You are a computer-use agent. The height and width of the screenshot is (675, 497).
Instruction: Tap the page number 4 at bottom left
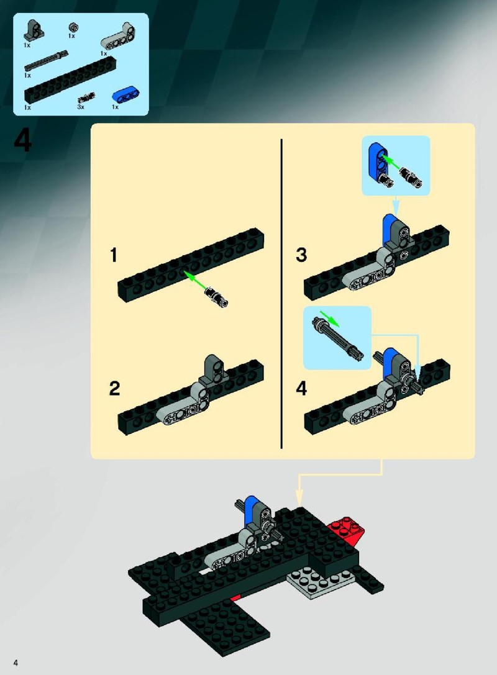[16, 662]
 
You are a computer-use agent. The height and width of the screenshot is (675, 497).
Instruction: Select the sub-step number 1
[113, 255]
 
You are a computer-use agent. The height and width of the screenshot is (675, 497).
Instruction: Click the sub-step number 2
[114, 388]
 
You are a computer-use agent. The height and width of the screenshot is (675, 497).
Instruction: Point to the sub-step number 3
[301, 255]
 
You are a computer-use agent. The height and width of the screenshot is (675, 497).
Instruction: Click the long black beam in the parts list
[71, 80]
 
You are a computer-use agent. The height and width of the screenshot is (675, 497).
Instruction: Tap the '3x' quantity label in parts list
[81, 107]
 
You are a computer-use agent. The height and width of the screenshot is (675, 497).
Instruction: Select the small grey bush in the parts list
[74, 28]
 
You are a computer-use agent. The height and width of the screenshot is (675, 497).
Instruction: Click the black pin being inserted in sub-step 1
[217, 297]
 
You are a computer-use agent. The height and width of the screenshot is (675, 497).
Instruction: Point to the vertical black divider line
[281, 294]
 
